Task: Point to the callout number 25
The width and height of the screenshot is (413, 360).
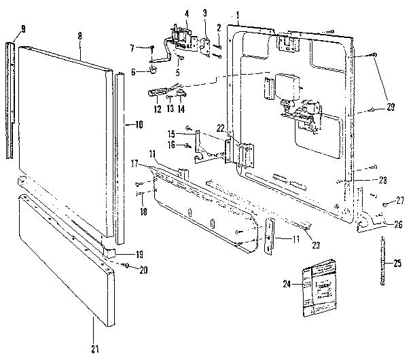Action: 398,261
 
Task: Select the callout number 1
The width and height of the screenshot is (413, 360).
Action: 238,14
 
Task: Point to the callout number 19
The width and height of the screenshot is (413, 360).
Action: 139,254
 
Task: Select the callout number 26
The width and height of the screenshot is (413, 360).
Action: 398,224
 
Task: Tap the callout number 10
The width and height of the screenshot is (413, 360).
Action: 139,124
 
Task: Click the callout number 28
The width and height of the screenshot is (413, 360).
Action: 384,180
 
